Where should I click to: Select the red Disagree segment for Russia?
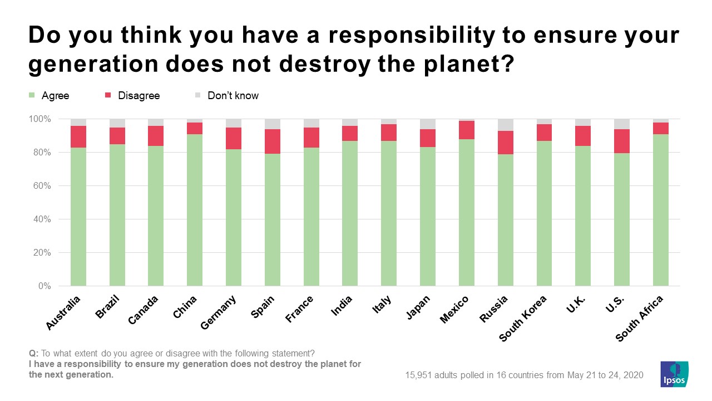[x=506, y=143]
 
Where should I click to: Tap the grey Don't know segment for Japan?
[x=428, y=124]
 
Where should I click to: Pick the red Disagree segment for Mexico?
[x=467, y=130]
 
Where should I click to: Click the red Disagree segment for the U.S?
[x=622, y=141]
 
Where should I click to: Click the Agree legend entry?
[x=55, y=96]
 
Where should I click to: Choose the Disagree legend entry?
[x=139, y=96]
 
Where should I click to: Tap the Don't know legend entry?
[x=233, y=96]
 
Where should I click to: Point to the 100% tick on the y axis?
[x=39, y=119]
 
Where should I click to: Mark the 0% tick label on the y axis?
[x=44, y=286]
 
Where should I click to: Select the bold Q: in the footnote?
[x=33, y=353]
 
